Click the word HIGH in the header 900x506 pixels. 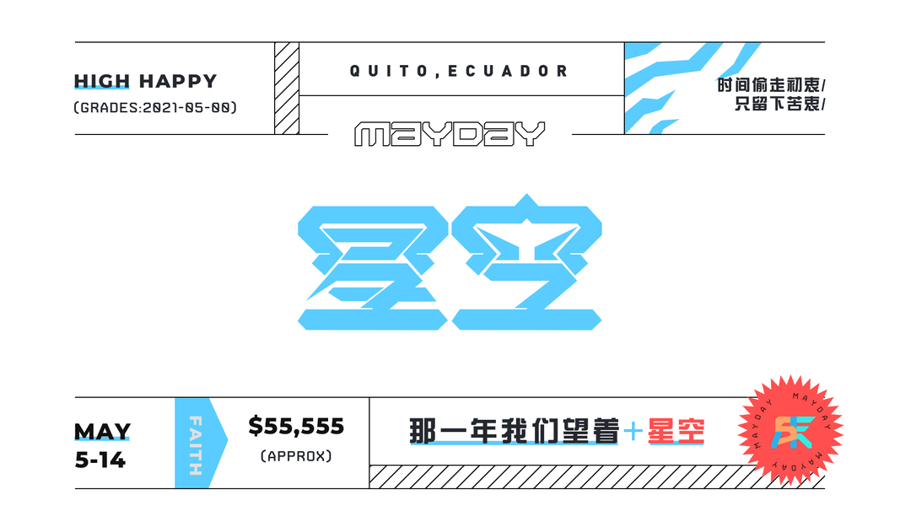tap(101, 82)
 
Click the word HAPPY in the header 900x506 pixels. tap(178, 82)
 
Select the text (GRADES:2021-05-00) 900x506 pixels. tap(155, 108)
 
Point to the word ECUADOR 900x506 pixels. tap(509, 72)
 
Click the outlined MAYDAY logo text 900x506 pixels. tap(450, 134)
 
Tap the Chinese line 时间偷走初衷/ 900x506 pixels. tap(771, 86)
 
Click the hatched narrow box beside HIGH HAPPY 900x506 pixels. tap(287, 88)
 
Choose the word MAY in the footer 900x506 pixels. tap(102, 433)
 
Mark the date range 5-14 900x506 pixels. tap(100, 460)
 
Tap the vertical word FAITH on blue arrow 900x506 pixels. tap(195, 444)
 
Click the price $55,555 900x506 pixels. tap(296, 427)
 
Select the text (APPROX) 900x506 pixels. tap(296, 456)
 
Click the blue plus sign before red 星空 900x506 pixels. tap(633, 433)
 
